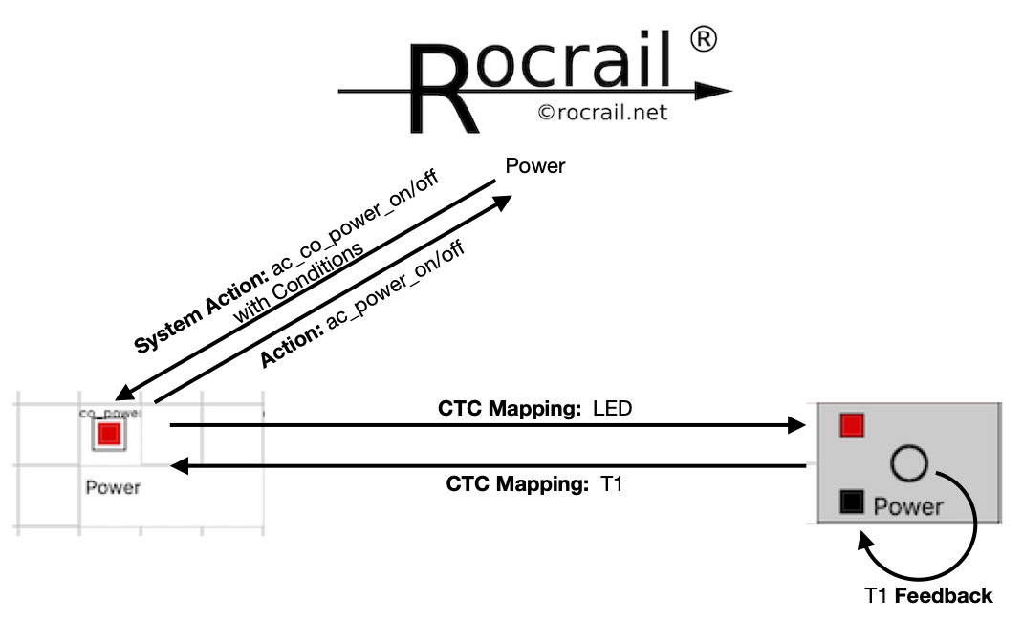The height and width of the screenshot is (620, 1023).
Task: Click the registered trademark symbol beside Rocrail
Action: pyautogui.click(x=703, y=40)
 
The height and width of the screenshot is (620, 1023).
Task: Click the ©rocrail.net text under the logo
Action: pyautogui.click(x=602, y=113)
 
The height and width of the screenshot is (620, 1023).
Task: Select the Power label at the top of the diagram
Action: pyautogui.click(x=535, y=166)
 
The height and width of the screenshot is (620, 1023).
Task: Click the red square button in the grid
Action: pyautogui.click(x=109, y=435)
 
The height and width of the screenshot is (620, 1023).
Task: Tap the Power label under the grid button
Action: pyautogui.click(x=113, y=487)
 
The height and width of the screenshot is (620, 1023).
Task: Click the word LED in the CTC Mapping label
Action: pyautogui.click(x=613, y=409)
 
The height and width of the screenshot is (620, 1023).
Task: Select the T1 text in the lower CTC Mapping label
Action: pyautogui.click(x=611, y=484)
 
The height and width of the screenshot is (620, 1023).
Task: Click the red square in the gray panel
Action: pyautogui.click(x=852, y=425)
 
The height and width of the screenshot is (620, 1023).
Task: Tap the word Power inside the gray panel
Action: pyautogui.click(x=908, y=506)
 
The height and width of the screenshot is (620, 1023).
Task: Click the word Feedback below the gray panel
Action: pyautogui.click(x=945, y=596)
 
